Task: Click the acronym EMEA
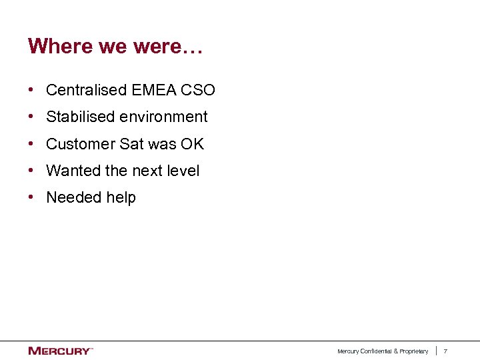point(147,90)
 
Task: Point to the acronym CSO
point(197,90)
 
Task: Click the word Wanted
point(73,171)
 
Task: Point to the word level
point(183,171)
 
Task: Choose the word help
point(120,197)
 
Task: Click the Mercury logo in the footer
point(59,351)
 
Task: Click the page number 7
point(445,351)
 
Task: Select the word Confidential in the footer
point(377,351)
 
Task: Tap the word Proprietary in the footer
point(414,351)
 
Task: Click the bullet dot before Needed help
point(32,197)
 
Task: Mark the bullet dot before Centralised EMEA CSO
point(32,90)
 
